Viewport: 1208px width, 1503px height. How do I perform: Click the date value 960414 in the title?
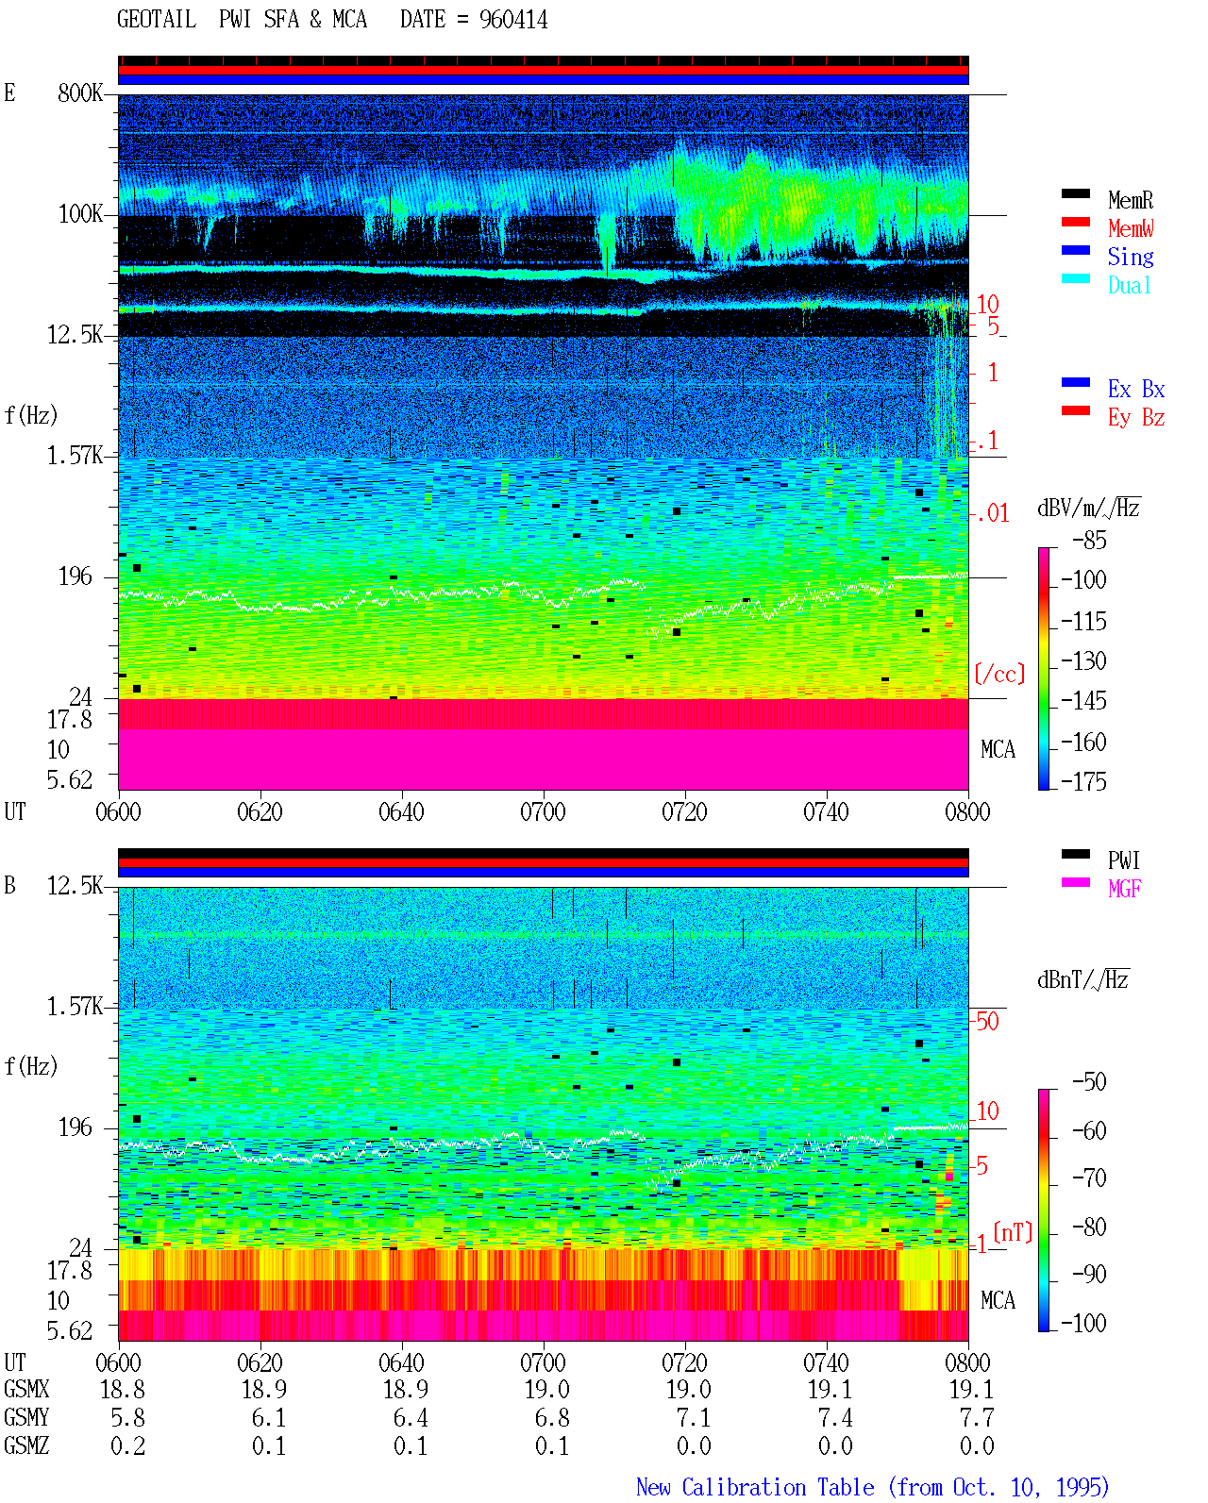pos(512,20)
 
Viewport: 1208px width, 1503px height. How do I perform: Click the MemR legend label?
pos(1130,200)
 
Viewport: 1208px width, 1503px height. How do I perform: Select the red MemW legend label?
pos(1130,228)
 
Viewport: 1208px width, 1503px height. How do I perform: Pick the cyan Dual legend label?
pos(1129,285)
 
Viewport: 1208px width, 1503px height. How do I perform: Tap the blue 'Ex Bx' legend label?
pos(1135,389)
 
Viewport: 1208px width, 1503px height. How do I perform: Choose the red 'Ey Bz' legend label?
pos(1135,418)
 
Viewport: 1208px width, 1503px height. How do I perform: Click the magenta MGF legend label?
pos(1124,889)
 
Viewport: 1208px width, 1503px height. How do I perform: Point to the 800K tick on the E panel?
pos(80,92)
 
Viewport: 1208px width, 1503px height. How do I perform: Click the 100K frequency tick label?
pos(80,214)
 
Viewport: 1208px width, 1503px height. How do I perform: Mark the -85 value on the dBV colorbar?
pos(1089,540)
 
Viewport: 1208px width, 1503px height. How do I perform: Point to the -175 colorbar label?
pos(1083,781)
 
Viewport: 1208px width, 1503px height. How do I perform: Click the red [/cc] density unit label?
pos(999,674)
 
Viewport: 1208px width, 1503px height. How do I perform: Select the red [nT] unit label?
pos(1013,1231)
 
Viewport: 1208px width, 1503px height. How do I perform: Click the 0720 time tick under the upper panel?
pos(685,811)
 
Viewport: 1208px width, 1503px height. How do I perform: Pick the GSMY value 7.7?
pos(977,1417)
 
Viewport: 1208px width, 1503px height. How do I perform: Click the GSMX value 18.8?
pos(123,1389)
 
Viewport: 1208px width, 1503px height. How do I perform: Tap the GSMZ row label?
pos(26,1445)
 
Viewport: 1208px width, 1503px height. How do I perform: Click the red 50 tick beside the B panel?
pos(987,1021)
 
